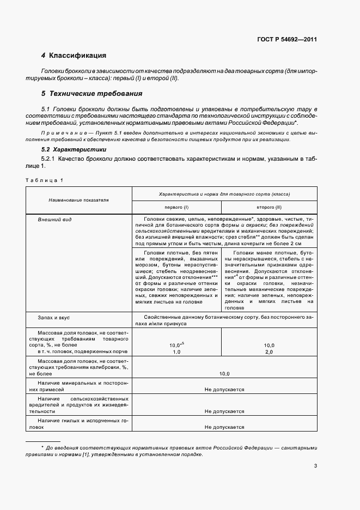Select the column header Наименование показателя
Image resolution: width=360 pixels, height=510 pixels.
(x=78, y=200)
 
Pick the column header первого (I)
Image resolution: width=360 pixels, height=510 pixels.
(x=176, y=208)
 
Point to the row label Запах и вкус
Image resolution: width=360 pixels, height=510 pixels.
(x=54, y=317)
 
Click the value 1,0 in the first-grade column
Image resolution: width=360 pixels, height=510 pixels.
(x=176, y=353)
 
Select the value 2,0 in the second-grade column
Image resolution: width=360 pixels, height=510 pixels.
(x=269, y=353)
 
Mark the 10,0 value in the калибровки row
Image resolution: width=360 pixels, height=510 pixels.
(x=224, y=374)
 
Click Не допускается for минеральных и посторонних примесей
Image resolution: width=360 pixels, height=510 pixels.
(x=224, y=390)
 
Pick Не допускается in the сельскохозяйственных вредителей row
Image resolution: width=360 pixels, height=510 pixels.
(x=224, y=411)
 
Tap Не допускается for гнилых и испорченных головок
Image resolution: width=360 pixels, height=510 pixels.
(x=224, y=427)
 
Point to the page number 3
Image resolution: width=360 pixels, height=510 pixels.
(x=315, y=465)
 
